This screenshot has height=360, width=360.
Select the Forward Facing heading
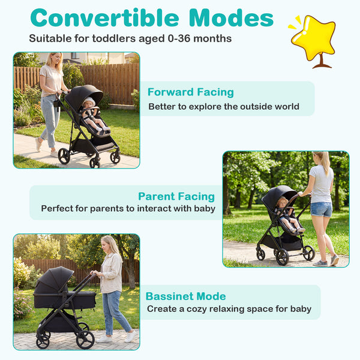point(190,92)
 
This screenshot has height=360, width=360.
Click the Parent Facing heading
point(176,196)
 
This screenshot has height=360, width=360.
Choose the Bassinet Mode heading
point(185,296)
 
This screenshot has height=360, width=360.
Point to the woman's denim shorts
point(321,209)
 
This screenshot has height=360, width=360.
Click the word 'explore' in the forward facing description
point(208,107)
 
